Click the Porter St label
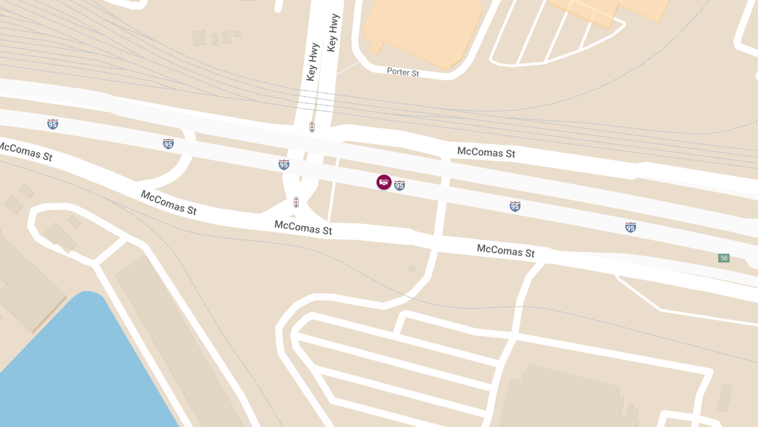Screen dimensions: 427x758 pyautogui.click(x=403, y=72)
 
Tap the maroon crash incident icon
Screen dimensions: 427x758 pyautogui.click(x=383, y=182)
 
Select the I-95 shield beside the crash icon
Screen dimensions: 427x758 pyautogui.click(x=399, y=185)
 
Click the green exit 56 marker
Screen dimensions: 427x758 pyautogui.click(x=724, y=258)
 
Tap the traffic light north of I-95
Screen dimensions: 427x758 pyautogui.click(x=312, y=127)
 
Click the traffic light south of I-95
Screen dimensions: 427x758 pyautogui.click(x=296, y=202)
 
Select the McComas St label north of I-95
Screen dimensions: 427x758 pyautogui.click(x=486, y=152)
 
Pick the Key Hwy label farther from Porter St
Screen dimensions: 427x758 pyautogui.click(x=311, y=62)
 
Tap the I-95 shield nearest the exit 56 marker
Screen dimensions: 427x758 pyautogui.click(x=630, y=227)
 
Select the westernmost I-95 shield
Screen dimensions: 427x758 pyautogui.click(x=52, y=124)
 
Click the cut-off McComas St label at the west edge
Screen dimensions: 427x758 pyautogui.click(x=25, y=151)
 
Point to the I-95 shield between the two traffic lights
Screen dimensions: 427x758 pyautogui.click(x=284, y=164)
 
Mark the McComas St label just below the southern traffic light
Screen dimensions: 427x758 pyautogui.click(x=303, y=227)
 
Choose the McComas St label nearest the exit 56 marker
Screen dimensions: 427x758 pyautogui.click(x=505, y=251)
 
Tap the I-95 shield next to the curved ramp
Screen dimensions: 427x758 pyautogui.click(x=168, y=144)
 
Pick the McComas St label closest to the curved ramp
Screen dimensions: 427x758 pyautogui.click(x=169, y=202)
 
